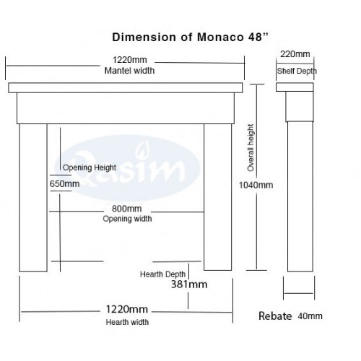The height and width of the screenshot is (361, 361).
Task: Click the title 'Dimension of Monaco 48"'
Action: click(190, 38)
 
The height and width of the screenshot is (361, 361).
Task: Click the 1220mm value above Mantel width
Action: click(130, 60)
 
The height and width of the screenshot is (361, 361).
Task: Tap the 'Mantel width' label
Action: click(129, 71)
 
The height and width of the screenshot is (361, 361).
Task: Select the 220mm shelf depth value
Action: click(295, 54)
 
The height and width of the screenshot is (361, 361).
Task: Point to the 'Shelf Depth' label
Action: click(297, 71)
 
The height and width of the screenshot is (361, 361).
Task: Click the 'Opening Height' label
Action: click(90, 168)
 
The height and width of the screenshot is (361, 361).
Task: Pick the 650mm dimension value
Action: click(64, 184)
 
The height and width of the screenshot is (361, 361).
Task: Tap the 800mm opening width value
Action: click(127, 209)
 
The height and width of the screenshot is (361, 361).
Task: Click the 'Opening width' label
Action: click(127, 219)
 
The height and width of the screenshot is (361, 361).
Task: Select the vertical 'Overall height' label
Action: click(251, 148)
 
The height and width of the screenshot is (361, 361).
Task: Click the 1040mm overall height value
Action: click(256, 185)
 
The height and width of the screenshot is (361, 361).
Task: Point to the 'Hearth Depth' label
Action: click(162, 274)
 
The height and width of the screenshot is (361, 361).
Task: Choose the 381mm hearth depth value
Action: click(189, 284)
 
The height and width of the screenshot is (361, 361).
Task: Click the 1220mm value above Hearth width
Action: click(127, 310)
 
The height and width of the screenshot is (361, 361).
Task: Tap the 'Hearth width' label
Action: click(127, 322)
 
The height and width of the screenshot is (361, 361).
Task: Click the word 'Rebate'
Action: click(275, 316)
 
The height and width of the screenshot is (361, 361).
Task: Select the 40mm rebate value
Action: click(310, 316)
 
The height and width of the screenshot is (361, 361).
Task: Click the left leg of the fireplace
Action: click(33, 198)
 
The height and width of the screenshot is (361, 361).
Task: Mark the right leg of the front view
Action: click(218, 197)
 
